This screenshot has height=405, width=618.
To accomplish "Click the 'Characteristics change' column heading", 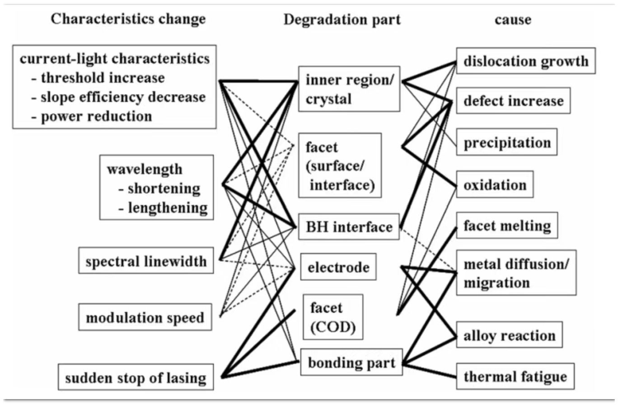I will point(128,19).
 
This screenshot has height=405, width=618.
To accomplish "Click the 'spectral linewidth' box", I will point(146,260).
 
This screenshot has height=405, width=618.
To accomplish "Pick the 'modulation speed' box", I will point(145,317).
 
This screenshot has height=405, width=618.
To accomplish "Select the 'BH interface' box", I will point(348,226).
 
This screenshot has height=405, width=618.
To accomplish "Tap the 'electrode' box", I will point(338,268).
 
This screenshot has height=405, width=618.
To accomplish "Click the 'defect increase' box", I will point(514,100).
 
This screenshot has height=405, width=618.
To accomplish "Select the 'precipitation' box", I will point(506,143).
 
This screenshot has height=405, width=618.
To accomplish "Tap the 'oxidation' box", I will point(495,184).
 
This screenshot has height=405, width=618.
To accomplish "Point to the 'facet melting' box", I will point(507,225).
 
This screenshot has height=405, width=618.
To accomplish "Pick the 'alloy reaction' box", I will point(510,335).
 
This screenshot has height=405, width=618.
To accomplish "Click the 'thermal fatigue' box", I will point(515,376).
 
